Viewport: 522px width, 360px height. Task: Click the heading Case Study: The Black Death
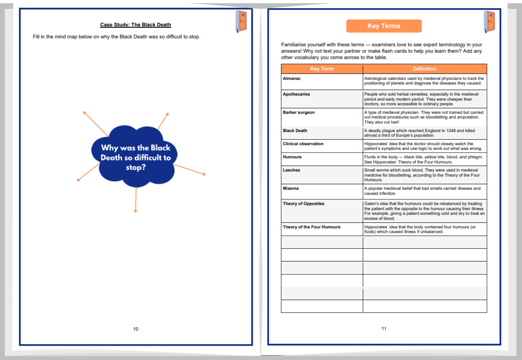point(135,25)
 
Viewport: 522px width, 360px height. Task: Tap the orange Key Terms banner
point(384,26)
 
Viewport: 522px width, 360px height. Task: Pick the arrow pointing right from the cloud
point(189,170)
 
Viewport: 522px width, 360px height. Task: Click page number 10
point(136,329)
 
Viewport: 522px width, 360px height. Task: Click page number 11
point(384,328)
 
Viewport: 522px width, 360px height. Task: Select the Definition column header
point(424,69)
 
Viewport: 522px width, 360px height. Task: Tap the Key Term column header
point(322,69)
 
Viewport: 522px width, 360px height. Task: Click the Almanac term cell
point(292,79)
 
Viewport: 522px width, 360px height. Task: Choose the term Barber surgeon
point(299,112)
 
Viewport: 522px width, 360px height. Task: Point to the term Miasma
point(290,188)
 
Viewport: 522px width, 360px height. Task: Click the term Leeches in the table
point(291,170)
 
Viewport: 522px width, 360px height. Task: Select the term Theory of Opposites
point(303,204)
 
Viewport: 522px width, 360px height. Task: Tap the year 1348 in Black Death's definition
point(451,131)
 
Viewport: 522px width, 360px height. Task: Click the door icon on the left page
point(241,21)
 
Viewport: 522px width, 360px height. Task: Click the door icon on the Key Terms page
point(489,22)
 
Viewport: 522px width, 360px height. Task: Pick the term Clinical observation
point(303,144)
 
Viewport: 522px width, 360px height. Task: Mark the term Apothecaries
point(296,94)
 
